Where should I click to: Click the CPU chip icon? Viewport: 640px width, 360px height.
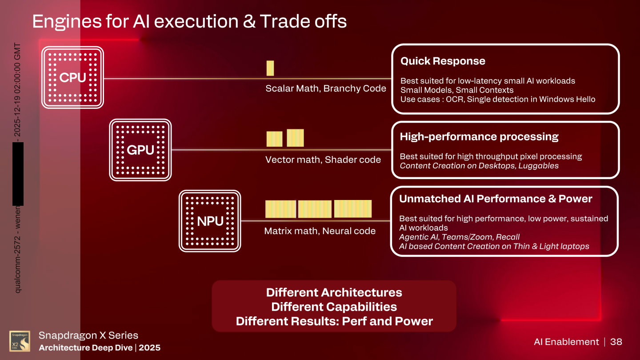tap(72, 77)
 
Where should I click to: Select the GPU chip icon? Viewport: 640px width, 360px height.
tap(140, 150)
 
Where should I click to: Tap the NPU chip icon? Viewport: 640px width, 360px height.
tap(210, 221)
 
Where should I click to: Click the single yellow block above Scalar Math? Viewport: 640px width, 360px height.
tap(270, 68)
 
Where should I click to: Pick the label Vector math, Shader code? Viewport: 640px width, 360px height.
tap(323, 160)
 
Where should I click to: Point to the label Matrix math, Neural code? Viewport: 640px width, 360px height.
tap(320, 231)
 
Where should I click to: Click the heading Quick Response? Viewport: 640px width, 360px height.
tap(443, 61)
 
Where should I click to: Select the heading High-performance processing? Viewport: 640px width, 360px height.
tap(479, 137)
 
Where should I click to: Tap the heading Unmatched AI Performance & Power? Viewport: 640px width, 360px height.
tap(496, 199)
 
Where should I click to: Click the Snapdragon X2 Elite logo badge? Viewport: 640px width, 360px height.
tap(20, 341)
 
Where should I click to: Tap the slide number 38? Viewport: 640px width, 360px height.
tap(616, 342)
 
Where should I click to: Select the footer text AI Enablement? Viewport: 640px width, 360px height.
tap(566, 342)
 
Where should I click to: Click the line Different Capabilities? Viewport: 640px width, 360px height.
tap(334, 307)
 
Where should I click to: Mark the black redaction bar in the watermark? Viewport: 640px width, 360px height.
tap(18, 174)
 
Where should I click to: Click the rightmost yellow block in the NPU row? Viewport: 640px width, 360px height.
tap(353, 209)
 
